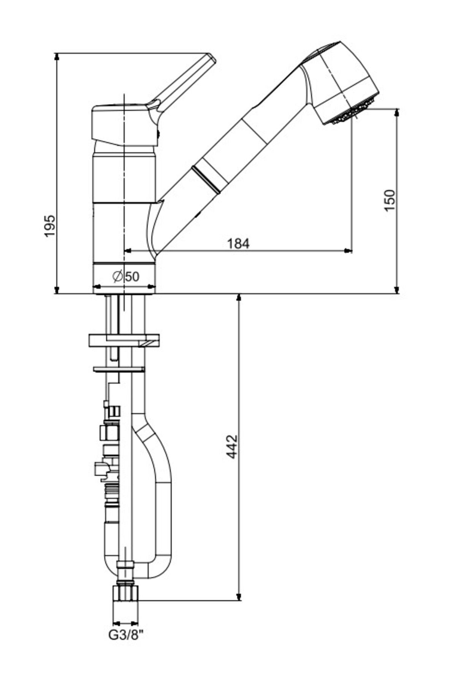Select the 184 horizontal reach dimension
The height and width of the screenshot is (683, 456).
pyautogui.click(x=239, y=243)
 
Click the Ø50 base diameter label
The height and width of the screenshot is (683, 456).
pyautogui.click(x=126, y=276)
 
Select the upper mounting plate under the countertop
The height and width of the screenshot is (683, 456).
pyautogui.click(x=124, y=340)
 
